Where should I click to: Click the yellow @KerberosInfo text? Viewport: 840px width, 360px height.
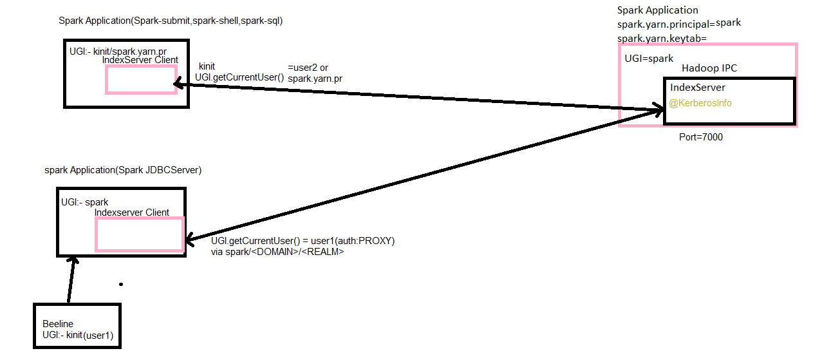[700, 103]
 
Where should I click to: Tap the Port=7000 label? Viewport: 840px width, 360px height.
[701, 137]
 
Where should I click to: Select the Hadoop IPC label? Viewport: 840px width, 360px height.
[709, 68]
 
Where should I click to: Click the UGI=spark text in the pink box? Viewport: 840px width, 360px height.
[649, 59]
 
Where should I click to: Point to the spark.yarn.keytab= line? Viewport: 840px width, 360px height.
[662, 39]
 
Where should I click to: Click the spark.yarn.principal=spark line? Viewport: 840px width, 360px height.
[679, 24]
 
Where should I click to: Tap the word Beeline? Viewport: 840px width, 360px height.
[58, 323]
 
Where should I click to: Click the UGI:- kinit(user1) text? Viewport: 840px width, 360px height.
[77, 335]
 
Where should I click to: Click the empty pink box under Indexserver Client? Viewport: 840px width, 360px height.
[140, 234]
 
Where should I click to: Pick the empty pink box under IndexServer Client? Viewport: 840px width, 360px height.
[141, 80]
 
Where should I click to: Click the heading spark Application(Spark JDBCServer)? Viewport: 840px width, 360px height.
[123, 171]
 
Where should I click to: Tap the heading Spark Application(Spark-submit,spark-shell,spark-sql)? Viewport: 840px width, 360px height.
[171, 21]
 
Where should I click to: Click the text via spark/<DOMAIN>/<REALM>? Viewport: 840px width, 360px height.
[277, 252]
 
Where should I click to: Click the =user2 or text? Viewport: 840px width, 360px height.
[308, 67]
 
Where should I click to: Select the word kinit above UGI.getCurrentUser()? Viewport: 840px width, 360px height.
[207, 66]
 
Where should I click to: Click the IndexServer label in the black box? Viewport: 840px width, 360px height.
[697, 88]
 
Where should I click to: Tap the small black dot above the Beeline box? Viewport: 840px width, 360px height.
[120, 283]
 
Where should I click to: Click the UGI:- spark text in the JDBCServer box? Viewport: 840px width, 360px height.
[84, 202]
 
